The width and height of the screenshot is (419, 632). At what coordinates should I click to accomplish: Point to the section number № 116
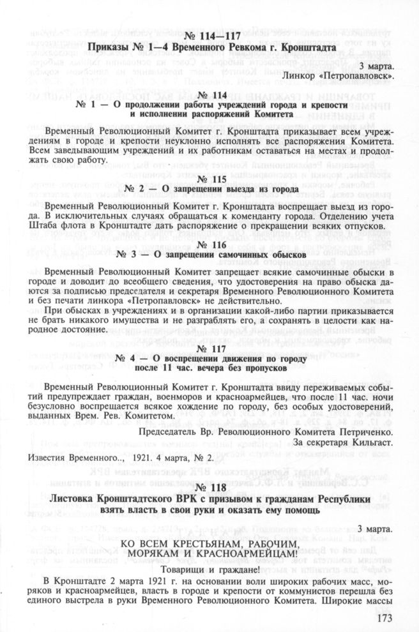tap(209, 245)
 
